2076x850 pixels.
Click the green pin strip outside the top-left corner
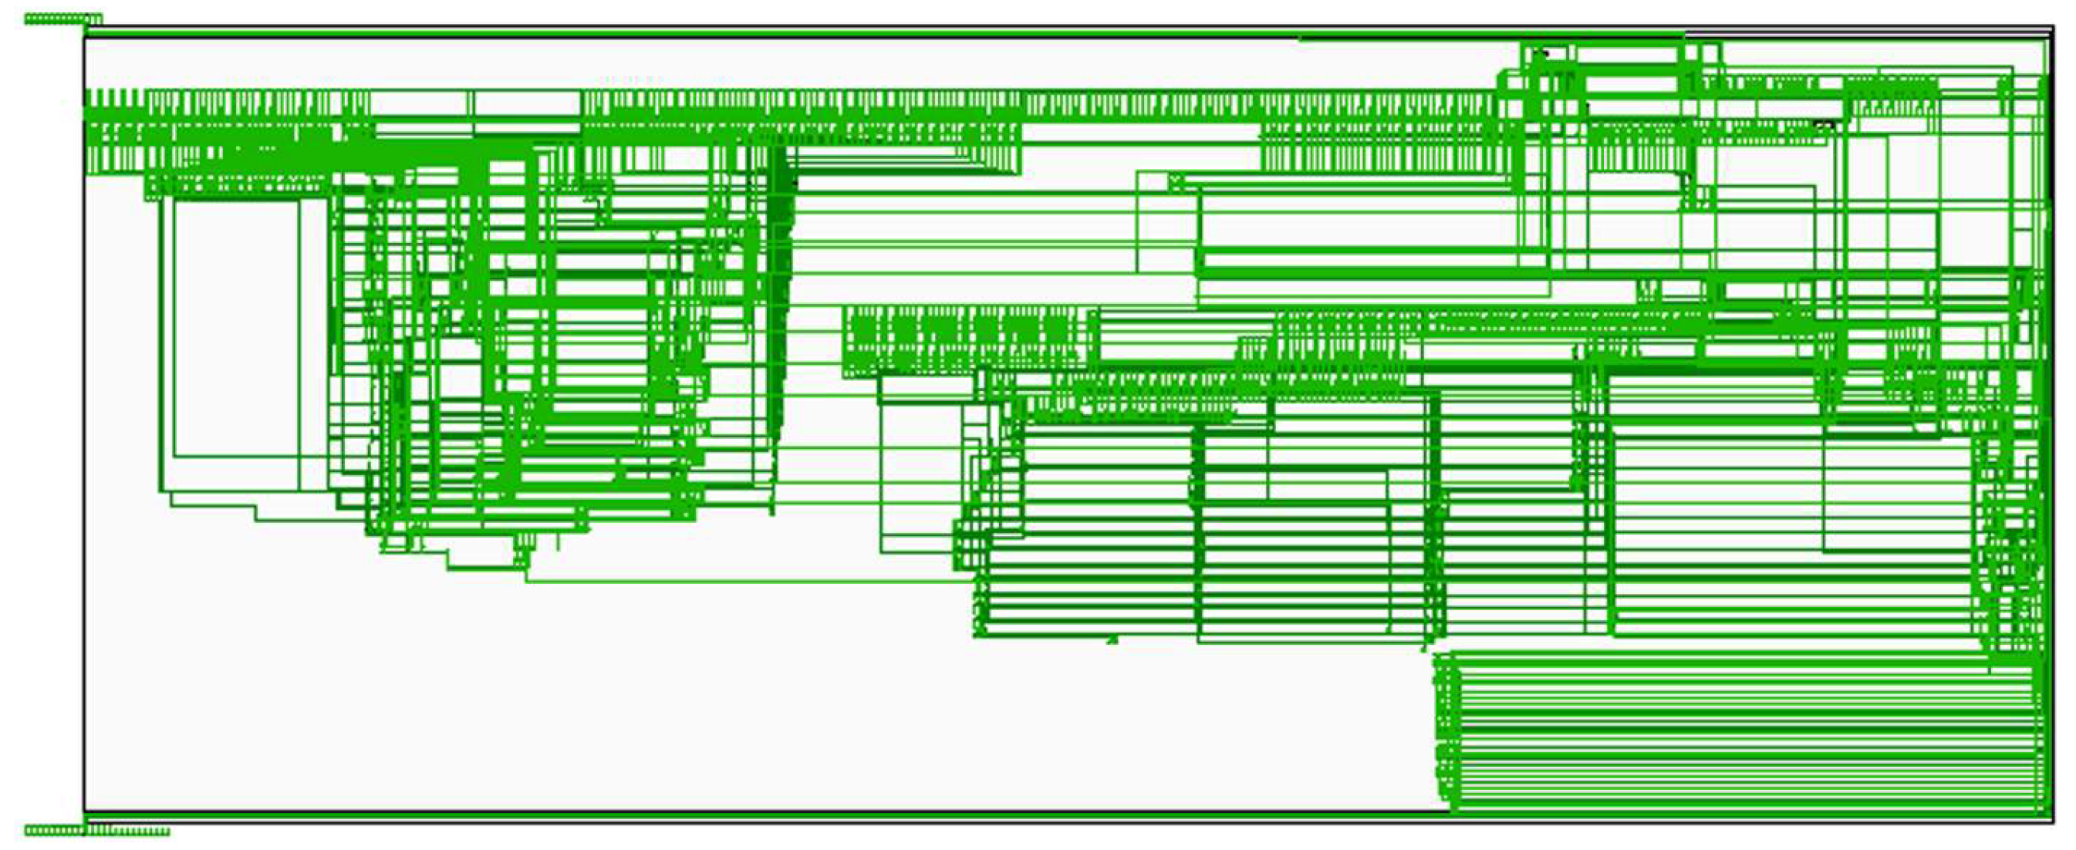pyautogui.click(x=62, y=19)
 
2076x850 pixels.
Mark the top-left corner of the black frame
pyautogui.click(x=85, y=30)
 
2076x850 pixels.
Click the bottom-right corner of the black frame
pyautogui.click(x=2054, y=821)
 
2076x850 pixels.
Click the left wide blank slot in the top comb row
pyautogui.click(x=421, y=103)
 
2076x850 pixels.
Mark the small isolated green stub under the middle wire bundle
pyautogui.click(x=1112, y=640)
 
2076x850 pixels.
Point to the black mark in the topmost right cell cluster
pyautogui.click(x=1541, y=54)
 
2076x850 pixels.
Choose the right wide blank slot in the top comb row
pyautogui.click(x=527, y=103)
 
